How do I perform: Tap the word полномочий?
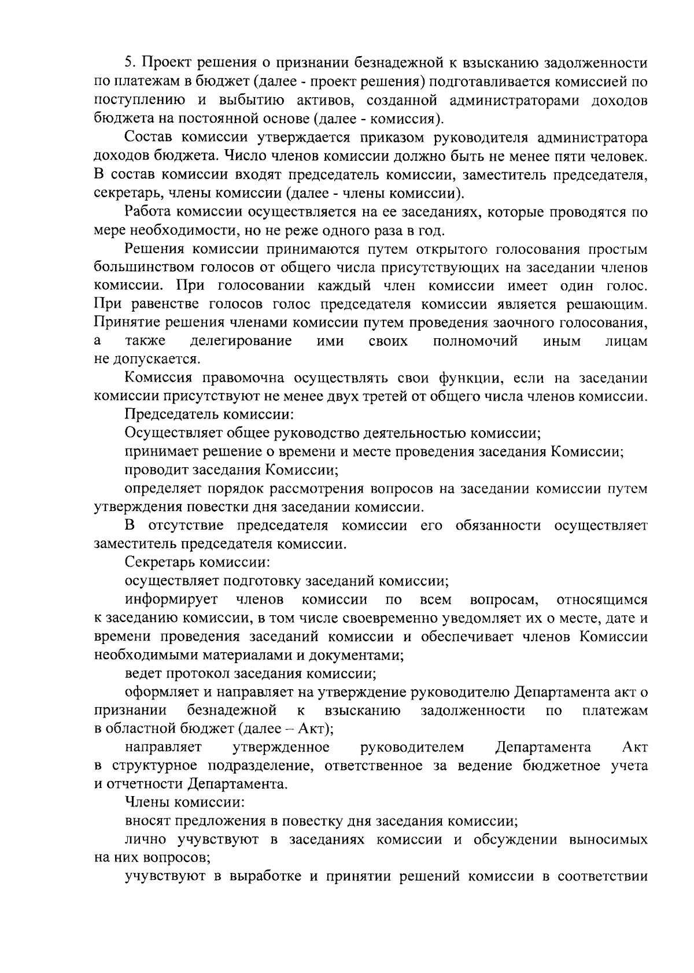(475, 341)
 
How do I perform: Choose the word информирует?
(172, 600)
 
